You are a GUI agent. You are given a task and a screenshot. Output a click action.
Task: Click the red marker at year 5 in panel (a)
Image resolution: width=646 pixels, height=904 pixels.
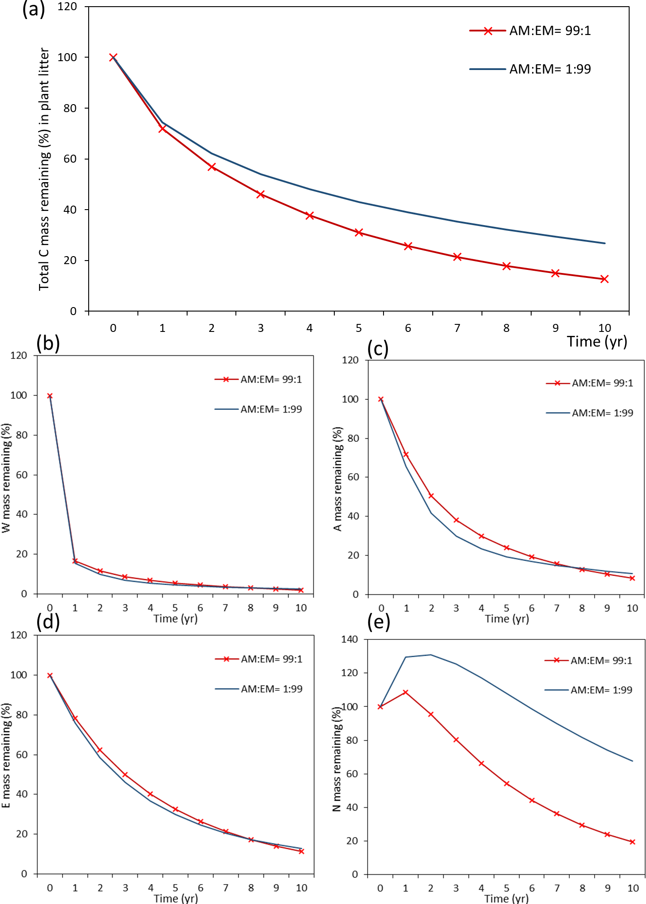pyautogui.click(x=359, y=232)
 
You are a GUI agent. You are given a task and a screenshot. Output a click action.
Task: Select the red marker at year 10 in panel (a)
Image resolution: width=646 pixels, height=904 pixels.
pyautogui.click(x=604, y=279)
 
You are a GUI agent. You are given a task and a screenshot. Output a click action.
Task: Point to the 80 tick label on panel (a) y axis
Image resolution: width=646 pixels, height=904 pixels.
pyautogui.click(x=70, y=108)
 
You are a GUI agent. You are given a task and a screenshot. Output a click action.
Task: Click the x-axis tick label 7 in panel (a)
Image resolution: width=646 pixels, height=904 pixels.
pyautogui.click(x=457, y=328)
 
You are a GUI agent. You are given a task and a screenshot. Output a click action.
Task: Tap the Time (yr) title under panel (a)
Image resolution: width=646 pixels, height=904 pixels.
pyautogui.click(x=597, y=342)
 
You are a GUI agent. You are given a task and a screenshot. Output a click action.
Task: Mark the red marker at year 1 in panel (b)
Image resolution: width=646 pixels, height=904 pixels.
pyautogui.click(x=75, y=561)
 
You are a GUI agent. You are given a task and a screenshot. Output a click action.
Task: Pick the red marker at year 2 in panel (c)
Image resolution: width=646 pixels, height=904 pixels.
pyautogui.click(x=431, y=496)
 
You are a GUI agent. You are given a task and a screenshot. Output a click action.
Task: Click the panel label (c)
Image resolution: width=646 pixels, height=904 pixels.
pyautogui.click(x=378, y=349)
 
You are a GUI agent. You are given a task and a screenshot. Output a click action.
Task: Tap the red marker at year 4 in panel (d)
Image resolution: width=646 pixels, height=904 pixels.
pyautogui.click(x=150, y=794)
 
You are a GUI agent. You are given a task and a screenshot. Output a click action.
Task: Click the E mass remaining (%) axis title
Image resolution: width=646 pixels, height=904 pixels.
pyautogui.click(x=6, y=756)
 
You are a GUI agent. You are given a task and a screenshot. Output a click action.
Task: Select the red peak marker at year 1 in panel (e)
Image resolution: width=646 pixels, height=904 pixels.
pyautogui.click(x=405, y=692)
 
